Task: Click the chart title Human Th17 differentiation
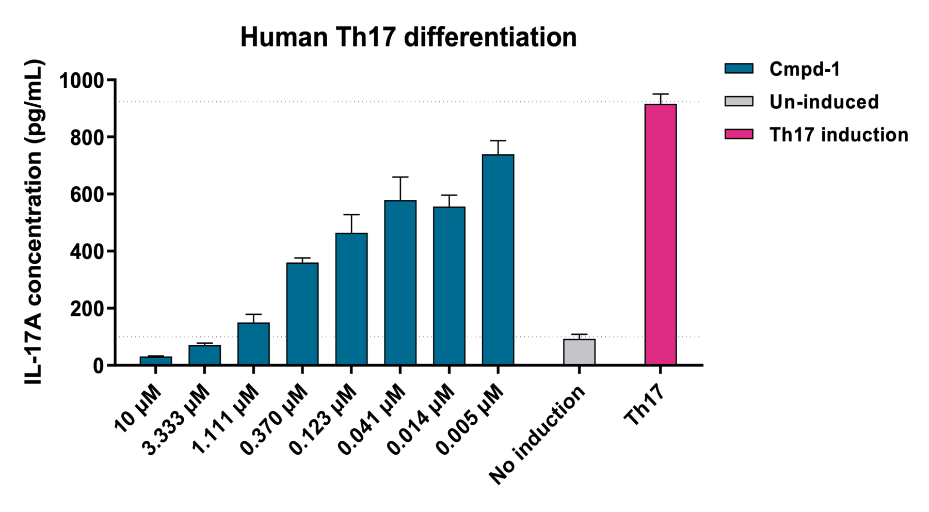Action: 408,38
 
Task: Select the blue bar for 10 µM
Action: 155,361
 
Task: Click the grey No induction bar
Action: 579,352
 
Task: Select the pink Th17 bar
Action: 661,235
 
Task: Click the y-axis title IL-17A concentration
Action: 34,222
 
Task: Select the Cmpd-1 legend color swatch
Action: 739,69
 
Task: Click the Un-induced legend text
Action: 824,102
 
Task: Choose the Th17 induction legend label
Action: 839,135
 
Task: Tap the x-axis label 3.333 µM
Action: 177,421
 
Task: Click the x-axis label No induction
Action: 537,435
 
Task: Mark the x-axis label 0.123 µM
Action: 323,421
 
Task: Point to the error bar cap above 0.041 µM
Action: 400,177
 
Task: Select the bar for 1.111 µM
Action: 253,344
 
